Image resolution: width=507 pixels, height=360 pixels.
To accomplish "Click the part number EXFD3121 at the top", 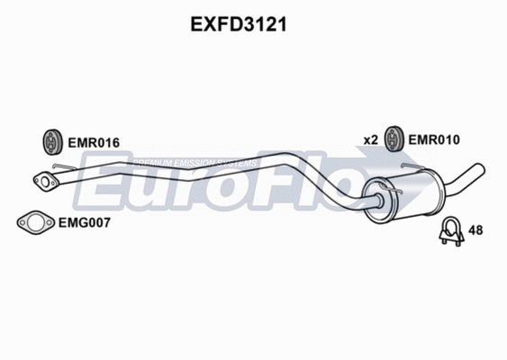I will tap(239, 26).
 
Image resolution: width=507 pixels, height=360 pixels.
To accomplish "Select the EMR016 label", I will tap(94, 142).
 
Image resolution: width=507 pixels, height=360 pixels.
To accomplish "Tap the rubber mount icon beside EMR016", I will tap(52, 141).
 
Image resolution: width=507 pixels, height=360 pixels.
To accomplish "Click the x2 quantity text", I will tap(370, 139).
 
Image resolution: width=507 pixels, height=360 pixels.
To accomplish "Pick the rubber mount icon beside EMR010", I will tap(394, 139).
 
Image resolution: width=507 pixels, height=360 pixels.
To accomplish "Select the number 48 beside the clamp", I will tap(476, 230).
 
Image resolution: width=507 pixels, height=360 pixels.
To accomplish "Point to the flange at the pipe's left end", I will tap(44, 182).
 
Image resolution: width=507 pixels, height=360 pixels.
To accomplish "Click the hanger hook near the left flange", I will tap(61, 167).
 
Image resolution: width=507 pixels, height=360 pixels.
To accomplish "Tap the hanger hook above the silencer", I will tap(411, 168).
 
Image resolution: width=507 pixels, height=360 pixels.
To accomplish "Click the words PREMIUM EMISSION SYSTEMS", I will tap(194, 163).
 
